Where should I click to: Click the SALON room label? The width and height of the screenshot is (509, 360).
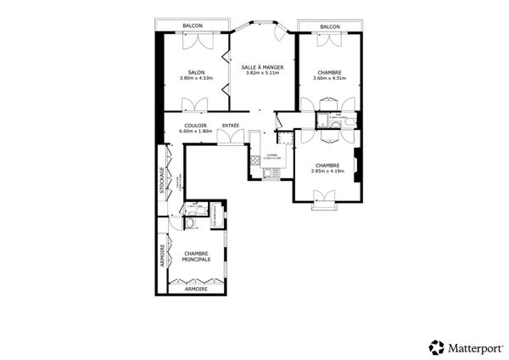coord(197,72)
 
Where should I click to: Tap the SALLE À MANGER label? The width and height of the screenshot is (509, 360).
coord(261,66)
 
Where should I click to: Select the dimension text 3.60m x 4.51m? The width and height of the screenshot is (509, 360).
coord(329,79)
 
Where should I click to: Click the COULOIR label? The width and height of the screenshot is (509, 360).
coord(193,127)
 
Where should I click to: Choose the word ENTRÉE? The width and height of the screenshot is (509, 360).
coord(230,127)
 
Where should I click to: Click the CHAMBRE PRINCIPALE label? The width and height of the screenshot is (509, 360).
coord(196,256)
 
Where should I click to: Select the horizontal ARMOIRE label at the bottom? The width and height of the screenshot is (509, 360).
coord(196,290)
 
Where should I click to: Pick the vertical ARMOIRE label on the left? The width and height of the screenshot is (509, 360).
coord(161,257)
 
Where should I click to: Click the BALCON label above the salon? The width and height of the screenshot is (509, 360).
coord(194,26)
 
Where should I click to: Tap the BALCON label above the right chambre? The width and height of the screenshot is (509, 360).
coord(330,26)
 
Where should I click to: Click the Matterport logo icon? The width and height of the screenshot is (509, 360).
coord(437,346)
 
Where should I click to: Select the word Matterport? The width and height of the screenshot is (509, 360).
coord(473,346)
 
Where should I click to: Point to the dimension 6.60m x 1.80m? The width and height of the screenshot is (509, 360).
coord(193,132)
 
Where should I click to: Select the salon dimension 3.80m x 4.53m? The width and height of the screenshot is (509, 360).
coord(197,79)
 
